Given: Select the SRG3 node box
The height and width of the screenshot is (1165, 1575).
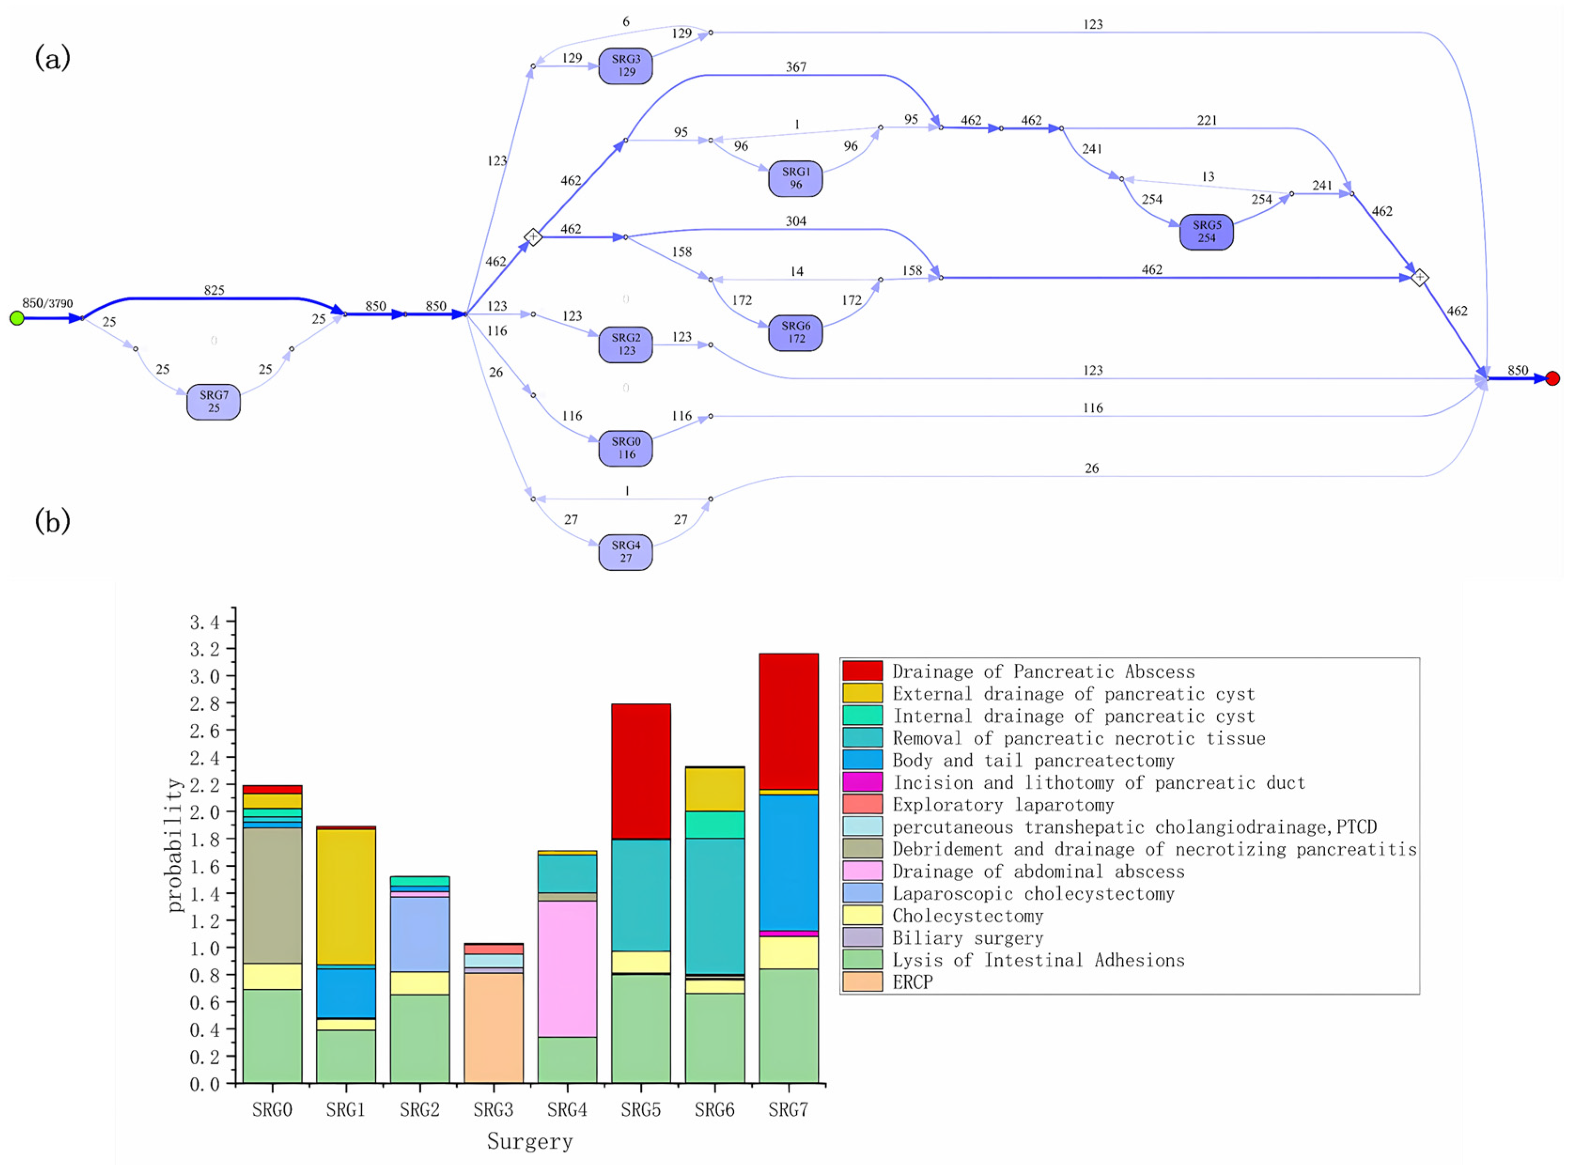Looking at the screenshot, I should coord(625,66).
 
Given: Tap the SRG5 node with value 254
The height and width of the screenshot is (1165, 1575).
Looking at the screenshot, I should coord(1206,232).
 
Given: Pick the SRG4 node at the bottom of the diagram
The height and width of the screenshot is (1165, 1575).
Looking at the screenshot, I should coord(625,551).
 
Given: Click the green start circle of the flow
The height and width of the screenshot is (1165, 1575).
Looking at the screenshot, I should coord(17,318).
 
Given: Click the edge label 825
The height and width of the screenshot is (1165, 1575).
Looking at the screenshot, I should coord(214,290).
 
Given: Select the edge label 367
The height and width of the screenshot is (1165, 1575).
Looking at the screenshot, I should coord(796,67).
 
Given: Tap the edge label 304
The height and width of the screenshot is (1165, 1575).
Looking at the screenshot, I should coord(796,221).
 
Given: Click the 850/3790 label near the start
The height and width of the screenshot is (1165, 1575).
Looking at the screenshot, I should coord(47,303).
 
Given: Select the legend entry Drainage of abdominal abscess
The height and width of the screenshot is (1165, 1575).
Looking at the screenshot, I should coord(1038,871).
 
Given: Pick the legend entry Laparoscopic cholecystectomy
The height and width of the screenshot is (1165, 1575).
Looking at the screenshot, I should coord(1033,893).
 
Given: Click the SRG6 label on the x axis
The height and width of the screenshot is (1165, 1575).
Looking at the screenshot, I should coord(714,1110).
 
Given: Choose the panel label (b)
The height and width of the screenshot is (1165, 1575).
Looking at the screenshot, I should coord(52,522).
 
